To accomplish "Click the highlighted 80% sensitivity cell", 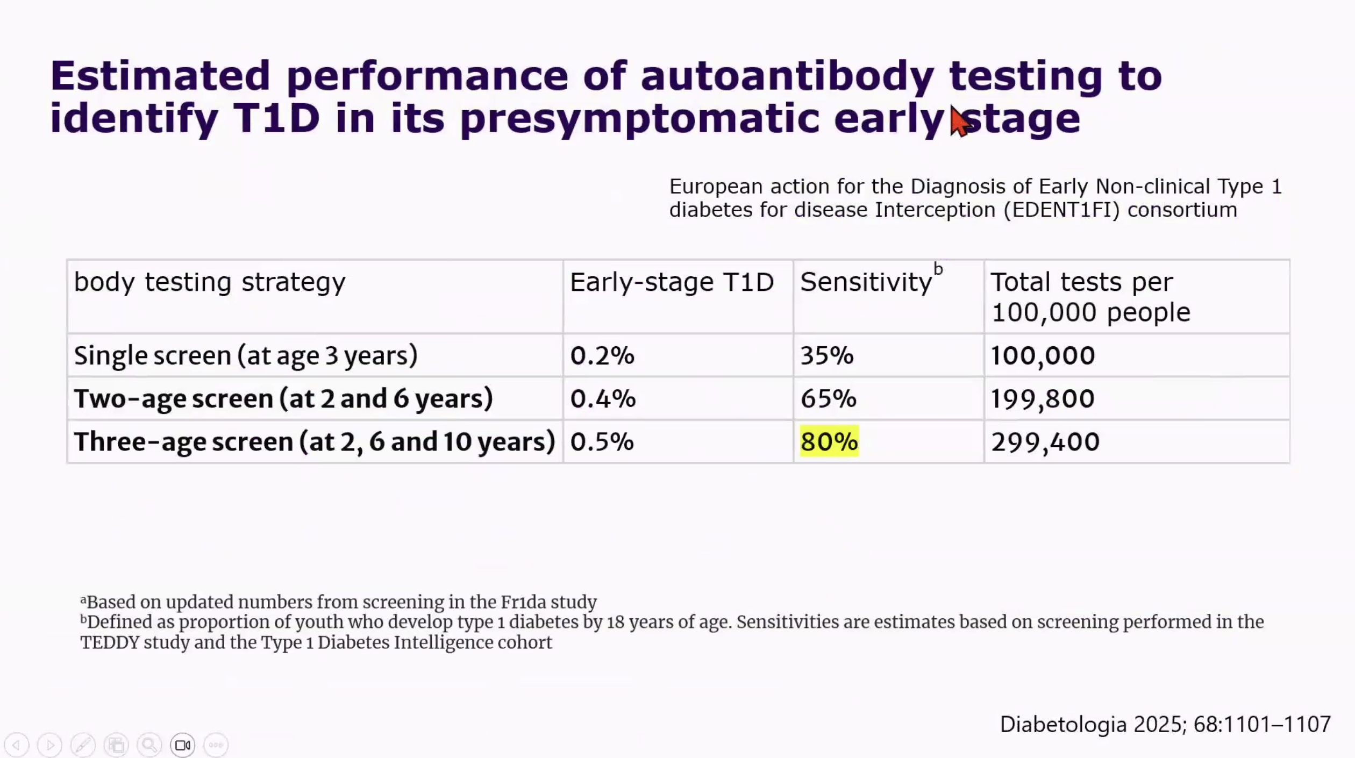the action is [x=829, y=441].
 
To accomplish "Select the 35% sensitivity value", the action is [x=827, y=355].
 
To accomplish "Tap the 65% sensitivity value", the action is [x=828, y=398].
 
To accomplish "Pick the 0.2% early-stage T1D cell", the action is [x=602, y=355].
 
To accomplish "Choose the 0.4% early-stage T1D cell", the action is [x=603, y=398].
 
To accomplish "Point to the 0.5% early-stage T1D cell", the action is [x=602, y=441].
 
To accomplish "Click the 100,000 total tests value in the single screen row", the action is [x=1043, y=355].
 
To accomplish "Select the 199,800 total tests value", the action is [x=1043, y=398].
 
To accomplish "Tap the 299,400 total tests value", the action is [x=1045, y=441].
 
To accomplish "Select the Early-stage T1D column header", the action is [x=672, y=282].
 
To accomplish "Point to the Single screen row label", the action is [x=246, y=356].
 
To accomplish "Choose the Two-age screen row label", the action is [x=283, y=399].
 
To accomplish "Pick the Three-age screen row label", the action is [x=315, y=442].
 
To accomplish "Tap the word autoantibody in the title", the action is [x=787, y=76].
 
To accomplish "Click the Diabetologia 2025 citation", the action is [x=1165, y=725].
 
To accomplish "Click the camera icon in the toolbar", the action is [x=183, y=745].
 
